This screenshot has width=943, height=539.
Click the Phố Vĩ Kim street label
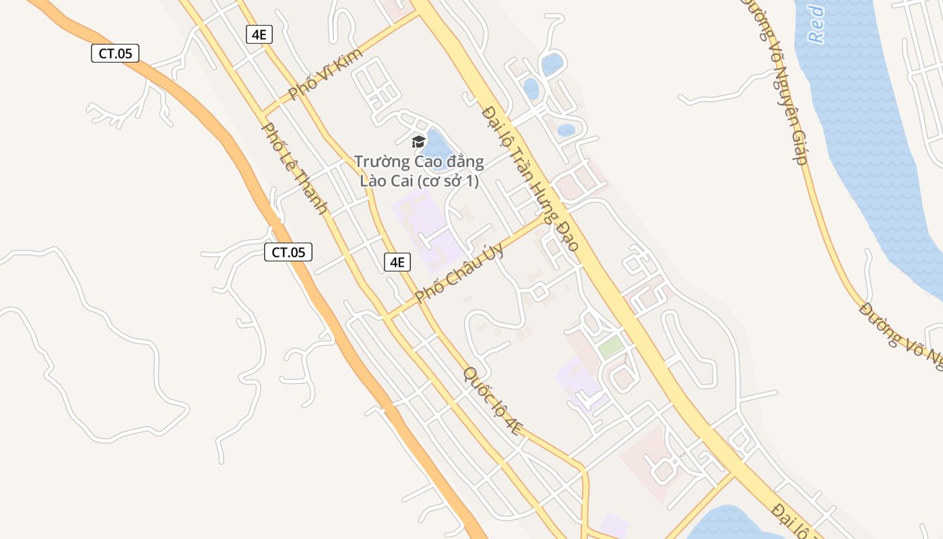[325, 73]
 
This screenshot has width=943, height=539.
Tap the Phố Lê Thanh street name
[295, 168]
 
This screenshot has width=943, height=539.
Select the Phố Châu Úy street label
[459, 272]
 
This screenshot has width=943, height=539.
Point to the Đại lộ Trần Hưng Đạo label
[531, 179]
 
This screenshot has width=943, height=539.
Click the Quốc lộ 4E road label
[492, 401]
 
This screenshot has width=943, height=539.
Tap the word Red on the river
[816, 24]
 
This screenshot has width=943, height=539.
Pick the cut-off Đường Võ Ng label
[901, 336]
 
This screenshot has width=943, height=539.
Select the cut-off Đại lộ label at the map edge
[795, 520]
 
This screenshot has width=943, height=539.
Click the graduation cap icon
[418, 141]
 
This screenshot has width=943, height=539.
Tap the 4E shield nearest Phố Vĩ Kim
[259, 34]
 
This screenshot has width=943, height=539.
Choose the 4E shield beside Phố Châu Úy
[397, 262]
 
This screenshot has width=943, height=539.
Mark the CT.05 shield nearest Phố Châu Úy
[288, 253]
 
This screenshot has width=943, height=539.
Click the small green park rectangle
[611, 348]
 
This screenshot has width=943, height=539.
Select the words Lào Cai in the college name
[387, 181]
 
